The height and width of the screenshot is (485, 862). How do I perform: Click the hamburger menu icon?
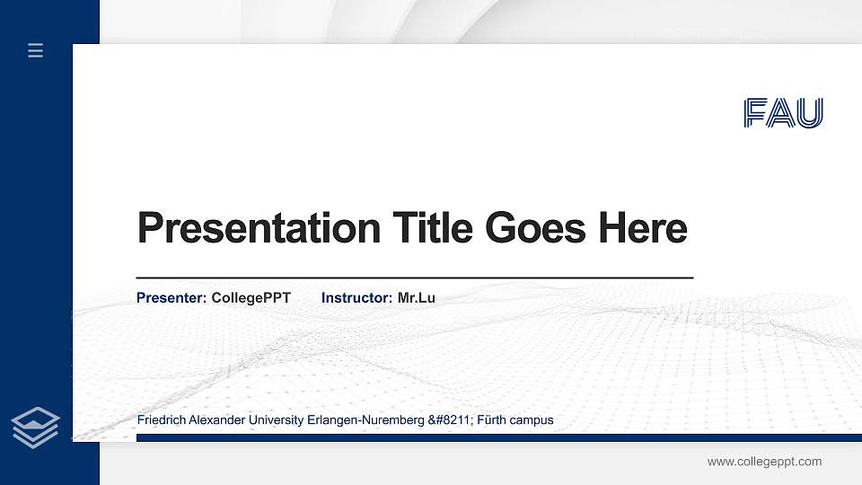(35, 50)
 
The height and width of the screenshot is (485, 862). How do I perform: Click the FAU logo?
(783, 113)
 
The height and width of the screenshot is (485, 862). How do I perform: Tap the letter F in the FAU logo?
(756, 113)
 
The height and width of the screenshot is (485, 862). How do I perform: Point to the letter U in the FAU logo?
(811, 113)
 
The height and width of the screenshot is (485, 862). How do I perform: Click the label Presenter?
(172, 297)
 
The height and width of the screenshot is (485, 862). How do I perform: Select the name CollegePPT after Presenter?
(251, 297)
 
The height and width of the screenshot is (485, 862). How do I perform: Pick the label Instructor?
(356, 297)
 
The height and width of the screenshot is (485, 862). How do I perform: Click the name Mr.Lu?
(416, 297)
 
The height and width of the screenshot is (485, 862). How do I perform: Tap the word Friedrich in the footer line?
(159, 420)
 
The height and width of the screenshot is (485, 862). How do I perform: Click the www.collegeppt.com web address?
(764, 462)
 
